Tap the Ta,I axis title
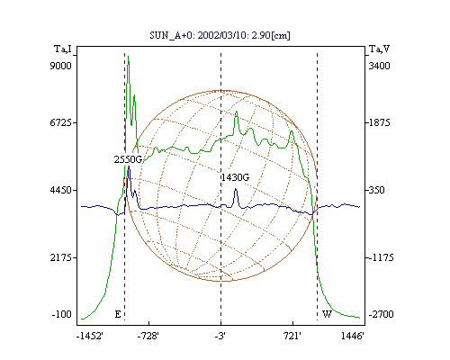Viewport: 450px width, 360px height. coord(63,49)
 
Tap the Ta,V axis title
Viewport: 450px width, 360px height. coord(379,49)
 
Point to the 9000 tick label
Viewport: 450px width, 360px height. coord(60,66)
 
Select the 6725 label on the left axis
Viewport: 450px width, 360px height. coord(60,122)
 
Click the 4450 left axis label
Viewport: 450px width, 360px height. coord(60,190)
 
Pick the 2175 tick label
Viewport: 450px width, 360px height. coord(60,257)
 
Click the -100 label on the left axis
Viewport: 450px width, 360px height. coord(62,314)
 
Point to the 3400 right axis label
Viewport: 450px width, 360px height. coord(379,66)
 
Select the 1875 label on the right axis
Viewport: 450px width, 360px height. coord(379,122)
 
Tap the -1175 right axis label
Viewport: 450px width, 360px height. coord(381,257)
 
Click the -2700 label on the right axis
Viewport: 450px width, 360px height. coord(381,314)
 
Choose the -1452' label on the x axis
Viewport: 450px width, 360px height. coord(90,337)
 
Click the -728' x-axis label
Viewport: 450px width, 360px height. coord(148,337)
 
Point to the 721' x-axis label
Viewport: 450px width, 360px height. coord(292,337)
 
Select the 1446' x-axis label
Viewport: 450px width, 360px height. coord(353,337)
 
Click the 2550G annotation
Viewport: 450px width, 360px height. coord(128,159)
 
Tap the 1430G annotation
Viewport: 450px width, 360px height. coord(235,177)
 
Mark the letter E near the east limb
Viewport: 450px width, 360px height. coord(118,314)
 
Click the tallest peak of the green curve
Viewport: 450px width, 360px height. coord(129,56)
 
